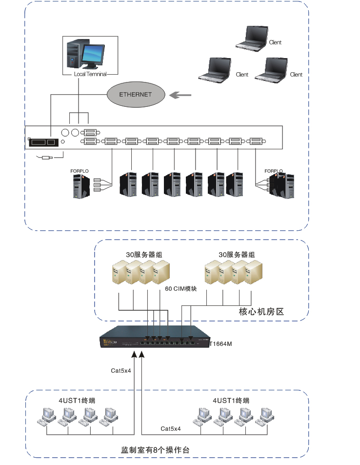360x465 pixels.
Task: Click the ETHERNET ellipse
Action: [136, 95]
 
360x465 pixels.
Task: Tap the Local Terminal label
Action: [90, 74]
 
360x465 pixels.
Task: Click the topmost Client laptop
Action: [252, 38]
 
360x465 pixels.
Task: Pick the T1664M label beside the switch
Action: [220, 344]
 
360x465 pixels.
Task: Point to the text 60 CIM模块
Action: [181, 289]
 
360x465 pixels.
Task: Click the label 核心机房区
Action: [261, 311]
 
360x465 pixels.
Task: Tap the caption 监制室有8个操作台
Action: [155, 450]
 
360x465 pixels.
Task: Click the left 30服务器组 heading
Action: [140, 255]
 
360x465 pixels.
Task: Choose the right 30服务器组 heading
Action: [237, 255]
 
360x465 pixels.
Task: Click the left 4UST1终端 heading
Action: [76, 401]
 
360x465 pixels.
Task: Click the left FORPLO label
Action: [79, 171]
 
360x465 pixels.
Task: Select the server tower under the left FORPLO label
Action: [81, 186]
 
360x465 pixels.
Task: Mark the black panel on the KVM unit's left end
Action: [43, 142]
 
